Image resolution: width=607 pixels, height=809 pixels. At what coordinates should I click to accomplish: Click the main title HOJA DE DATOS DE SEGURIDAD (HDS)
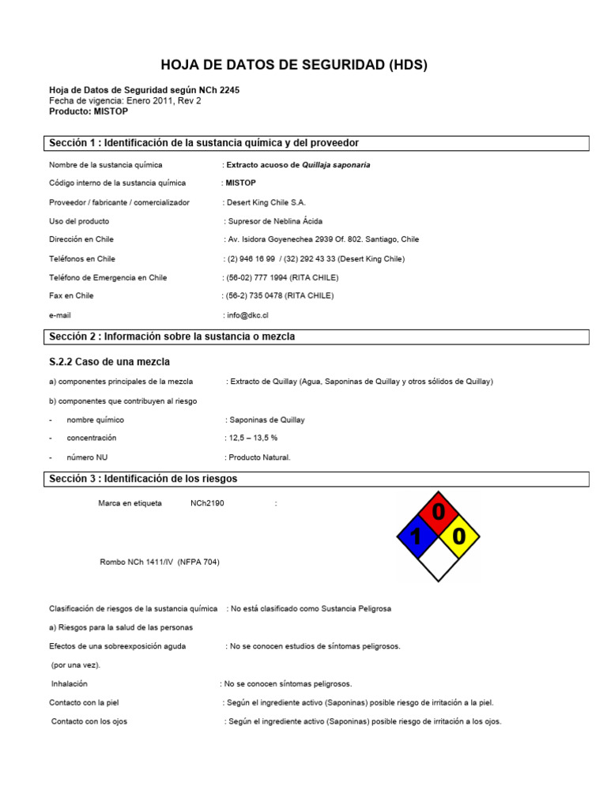(294, 66)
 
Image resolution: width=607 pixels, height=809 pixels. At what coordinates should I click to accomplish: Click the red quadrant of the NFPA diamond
(438, 513)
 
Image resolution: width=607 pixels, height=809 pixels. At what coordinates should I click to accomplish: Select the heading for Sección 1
(204, 143)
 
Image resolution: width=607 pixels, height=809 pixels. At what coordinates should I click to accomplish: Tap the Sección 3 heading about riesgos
(143, 479)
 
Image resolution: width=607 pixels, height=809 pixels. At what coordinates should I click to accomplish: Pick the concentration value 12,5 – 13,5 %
(253, 438)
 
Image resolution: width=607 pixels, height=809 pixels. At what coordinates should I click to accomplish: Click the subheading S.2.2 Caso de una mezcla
(110, 362)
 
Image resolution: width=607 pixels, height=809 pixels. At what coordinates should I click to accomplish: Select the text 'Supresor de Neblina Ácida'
(275, 221)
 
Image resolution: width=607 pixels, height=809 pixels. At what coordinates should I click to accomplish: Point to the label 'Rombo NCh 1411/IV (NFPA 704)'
(159, 562)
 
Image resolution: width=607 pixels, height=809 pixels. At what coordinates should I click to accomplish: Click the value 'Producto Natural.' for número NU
(259, 457)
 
